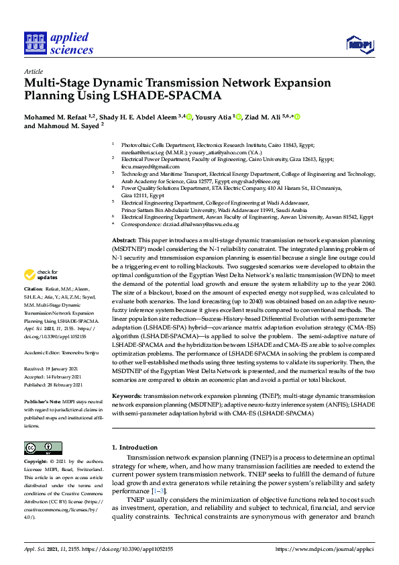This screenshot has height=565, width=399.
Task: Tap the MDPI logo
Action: click(x=358, y=44)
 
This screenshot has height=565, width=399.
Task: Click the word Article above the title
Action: click(x=33, y=71)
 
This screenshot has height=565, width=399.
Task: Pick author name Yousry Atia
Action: click(x=213, y=117)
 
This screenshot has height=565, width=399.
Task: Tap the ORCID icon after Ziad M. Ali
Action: click(x=296, y=117)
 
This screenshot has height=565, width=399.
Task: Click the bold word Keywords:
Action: click(x=127, y=396)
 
